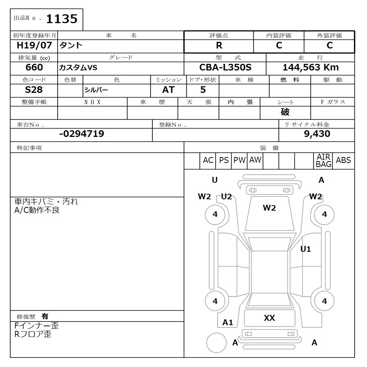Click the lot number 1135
point(61,19)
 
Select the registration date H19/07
point(34,46)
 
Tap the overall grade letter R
point(219,46)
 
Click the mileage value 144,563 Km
point(310,68)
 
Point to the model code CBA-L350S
point(225,68)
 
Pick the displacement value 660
point(34,68)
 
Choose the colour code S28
point(34,90)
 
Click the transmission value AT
point(168,90)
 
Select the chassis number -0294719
point(81,134)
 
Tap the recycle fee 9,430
point(317,134)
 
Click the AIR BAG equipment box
point(323,161)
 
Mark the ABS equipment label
point(344,160)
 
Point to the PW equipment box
point(240,160)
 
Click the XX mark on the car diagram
point(269,318)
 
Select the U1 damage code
point(306,249)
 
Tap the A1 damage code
point(228,323)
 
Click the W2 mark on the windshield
point(269,208)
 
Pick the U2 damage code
point(226,197)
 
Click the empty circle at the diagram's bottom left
point(217,343)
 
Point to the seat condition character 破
point(285,112)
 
